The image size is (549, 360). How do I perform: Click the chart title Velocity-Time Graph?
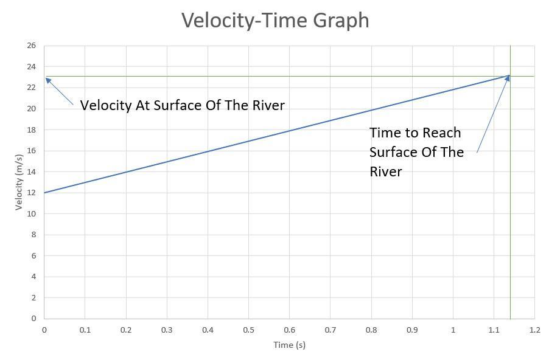[x=275, y=20]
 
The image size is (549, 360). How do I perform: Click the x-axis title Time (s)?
[x=289, y=345]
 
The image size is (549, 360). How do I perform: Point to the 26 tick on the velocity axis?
[x=32, y=46]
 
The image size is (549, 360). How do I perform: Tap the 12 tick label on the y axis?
[x=32, y=193]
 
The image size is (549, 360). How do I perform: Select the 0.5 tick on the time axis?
[x=248, y=330]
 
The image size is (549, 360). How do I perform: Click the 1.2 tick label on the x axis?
[x=534, y=330]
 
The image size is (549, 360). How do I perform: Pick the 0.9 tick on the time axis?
[x=412, y=330]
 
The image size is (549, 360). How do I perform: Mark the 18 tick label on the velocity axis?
[x=32, y=130]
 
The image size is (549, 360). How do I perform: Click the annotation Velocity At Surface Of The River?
[x=182, y=105]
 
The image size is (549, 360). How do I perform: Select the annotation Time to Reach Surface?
[x=416, y=151]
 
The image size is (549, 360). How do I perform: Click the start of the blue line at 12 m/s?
[x=44, y=193]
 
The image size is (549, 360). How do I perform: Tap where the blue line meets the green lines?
[x=510, y=76]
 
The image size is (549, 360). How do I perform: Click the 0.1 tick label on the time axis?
[x=85, y=330]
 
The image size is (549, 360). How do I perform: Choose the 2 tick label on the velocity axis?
[x=33, y=297]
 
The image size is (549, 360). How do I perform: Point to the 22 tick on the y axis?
[x=32, y=88]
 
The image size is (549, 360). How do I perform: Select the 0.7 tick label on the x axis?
[x=330, y=330]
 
